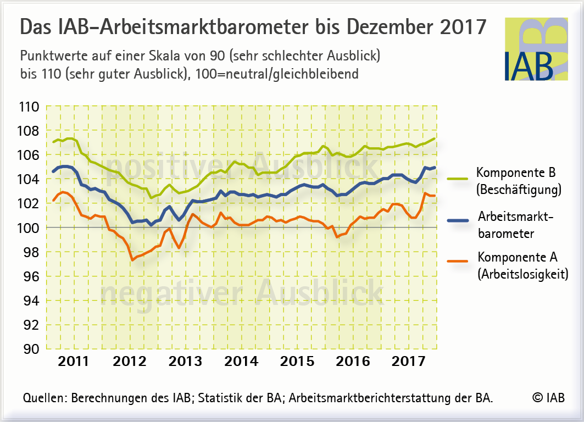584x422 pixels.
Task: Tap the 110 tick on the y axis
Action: click(x=29, y=107)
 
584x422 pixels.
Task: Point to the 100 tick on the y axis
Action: click(x=29, y=227)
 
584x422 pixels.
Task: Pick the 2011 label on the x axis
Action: click(x=74, y=362)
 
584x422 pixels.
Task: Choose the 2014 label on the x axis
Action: click(x=241, y=362)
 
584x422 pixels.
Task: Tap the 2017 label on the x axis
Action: click(x=408, y=362)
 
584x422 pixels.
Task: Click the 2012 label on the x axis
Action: click(x=130, y=362)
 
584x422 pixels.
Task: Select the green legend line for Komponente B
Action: click(x=457, y=179)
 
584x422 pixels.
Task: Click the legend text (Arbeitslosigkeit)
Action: click(x=522, y=274)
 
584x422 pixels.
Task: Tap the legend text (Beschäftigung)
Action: click(x=519, y=191)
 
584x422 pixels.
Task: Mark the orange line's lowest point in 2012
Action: click(x=132, y=260)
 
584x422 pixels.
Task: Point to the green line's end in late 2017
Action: click(x=435, y=138)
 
